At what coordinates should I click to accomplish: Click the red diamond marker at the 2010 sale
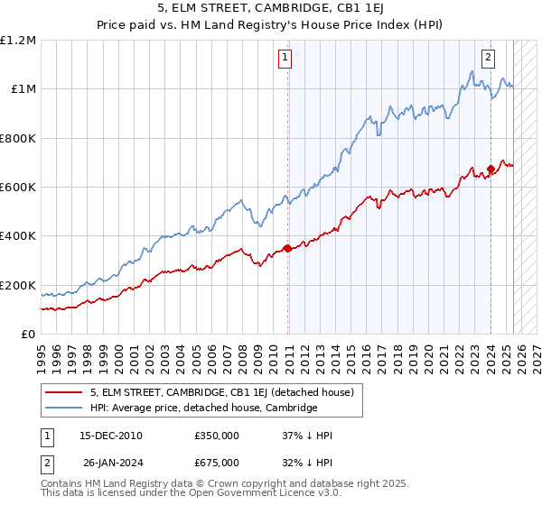[x=287, y=248]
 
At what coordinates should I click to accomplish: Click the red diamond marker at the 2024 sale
[x=491, y=169]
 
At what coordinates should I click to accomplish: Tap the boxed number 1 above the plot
[x=285, y=58]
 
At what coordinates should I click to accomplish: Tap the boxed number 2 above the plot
[x=488, y=58]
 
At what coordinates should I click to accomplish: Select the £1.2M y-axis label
[x=20, y=41]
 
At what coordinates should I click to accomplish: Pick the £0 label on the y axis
[x=28, y=334]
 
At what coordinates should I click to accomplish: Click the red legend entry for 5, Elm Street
[x=226, y=392]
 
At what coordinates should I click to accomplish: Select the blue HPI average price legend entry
[x=203, y=408]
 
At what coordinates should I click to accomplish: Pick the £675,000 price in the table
[x=217, y=463]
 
